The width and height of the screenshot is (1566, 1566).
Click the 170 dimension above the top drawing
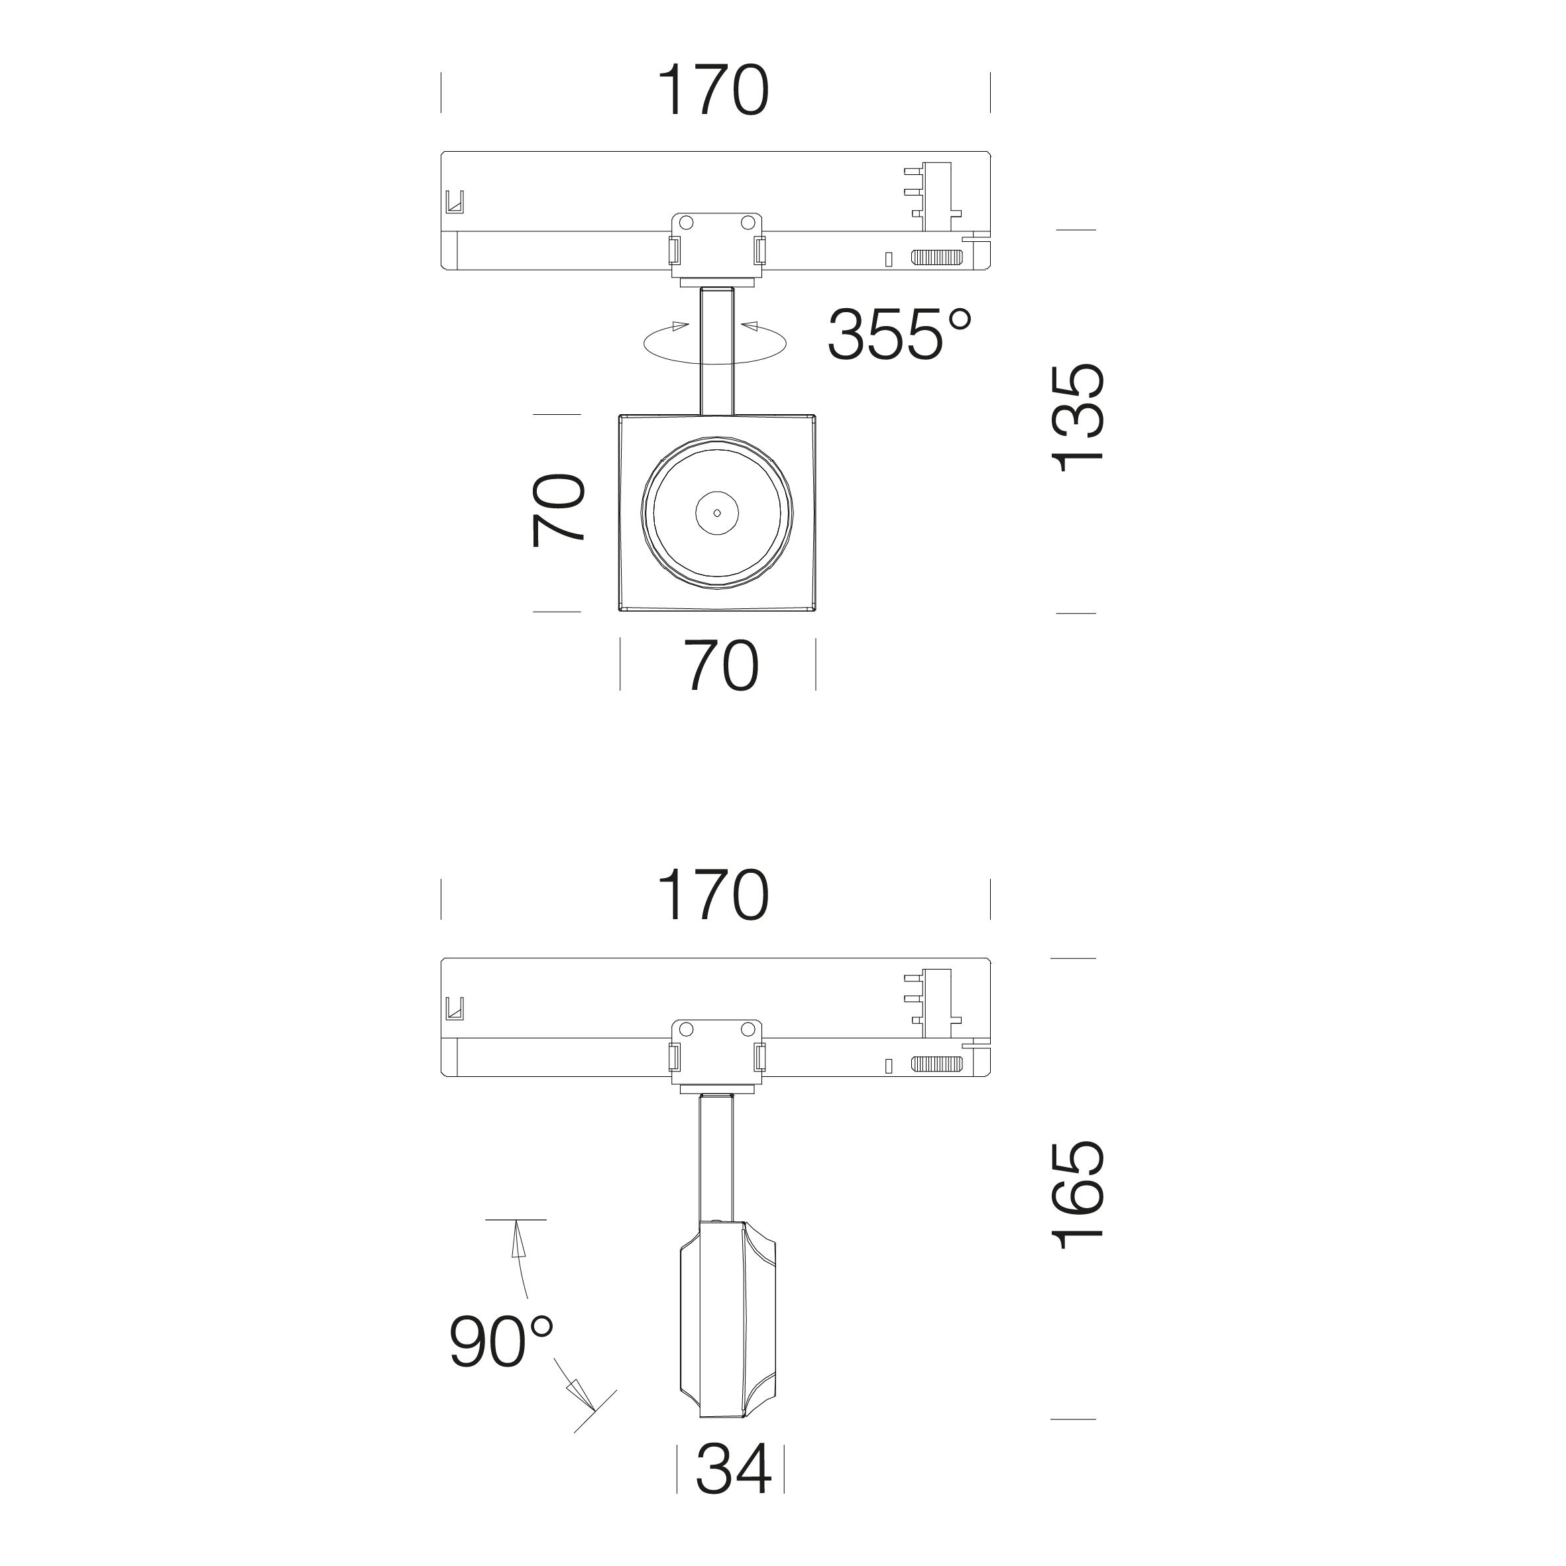pos(713,91)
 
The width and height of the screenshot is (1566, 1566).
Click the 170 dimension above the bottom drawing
pos(713,896)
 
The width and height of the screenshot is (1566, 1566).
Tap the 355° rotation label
pos(899,333)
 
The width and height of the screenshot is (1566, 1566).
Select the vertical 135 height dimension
pos(1078,417)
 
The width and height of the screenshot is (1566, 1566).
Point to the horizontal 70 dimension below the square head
pos(722,665)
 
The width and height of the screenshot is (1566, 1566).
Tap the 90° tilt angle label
pos(502,1341)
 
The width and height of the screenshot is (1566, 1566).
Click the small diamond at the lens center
pos(717,513)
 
